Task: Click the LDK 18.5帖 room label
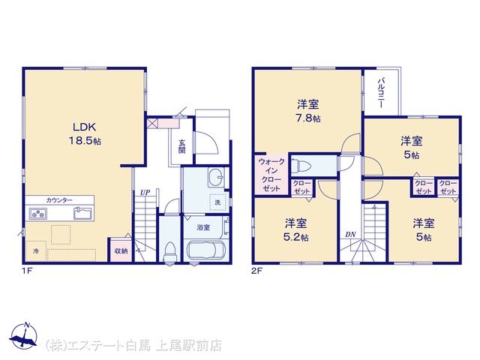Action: (x=85, y=133)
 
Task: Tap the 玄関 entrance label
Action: (x=181, y=146)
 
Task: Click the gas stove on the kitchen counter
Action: (x=38, y=213)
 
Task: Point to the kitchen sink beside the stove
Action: (x=82, y=213)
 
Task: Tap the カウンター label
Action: (x=59, y=200)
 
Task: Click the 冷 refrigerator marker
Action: (x=36, y=251)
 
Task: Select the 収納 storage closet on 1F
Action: (x=121, y=250)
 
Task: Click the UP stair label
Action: (x=145, y=193)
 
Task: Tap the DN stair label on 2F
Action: (x=350, y=235)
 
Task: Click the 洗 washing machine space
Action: (x=217, y=202)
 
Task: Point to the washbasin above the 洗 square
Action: (x=216, y=177)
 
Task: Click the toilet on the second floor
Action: (x=301, y=166)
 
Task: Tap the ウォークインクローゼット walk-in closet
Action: (x=271, y=175)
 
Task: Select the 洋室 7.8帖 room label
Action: (x=308, y=111)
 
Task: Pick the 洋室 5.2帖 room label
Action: (x=295, y=229)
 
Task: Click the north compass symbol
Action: (x=24, y=336)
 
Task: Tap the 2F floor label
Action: (x=257, y=271)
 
